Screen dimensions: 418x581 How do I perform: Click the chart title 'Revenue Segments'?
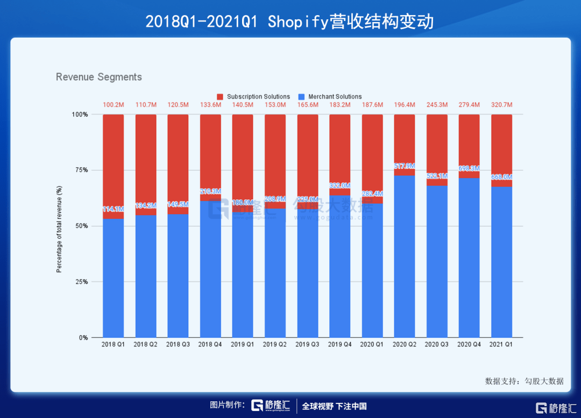tap(99, 77)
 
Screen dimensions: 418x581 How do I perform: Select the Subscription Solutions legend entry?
tap(253, 97)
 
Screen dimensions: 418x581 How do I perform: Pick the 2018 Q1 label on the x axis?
tap(113, 344)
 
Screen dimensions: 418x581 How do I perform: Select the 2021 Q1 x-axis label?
tap(501, 344)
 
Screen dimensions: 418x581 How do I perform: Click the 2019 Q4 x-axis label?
tap(339, 344)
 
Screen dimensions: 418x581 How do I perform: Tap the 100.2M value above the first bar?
tap(114, 105)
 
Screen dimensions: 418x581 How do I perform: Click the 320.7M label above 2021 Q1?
tap(501, 105)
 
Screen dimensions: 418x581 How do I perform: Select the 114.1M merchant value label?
tap(114, 209)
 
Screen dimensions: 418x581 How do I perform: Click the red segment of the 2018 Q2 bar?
tap(146, 161)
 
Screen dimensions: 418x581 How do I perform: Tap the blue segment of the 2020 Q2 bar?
tap(405, 258)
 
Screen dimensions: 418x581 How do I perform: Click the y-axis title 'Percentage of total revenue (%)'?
tap(60, 229)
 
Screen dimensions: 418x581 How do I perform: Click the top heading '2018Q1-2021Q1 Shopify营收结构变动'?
tap(290, 21)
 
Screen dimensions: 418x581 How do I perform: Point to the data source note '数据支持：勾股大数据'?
tap(524, 381)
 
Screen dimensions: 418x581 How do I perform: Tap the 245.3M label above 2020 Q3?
tap(437, 105)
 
